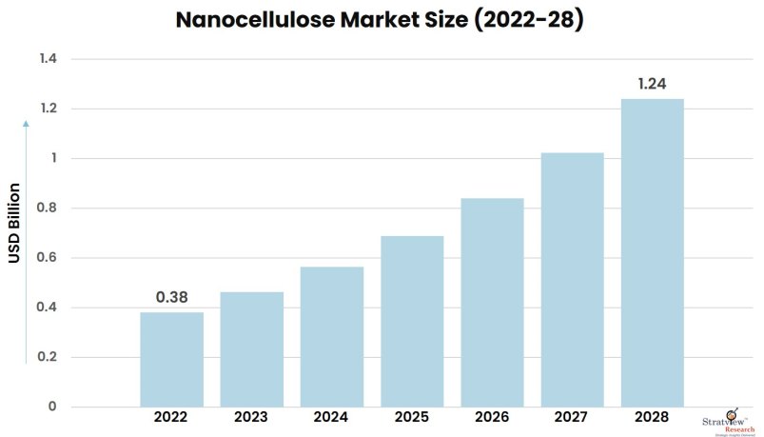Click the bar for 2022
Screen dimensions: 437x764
(x=171, y=360)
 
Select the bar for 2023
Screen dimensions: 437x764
(x=251, y=349)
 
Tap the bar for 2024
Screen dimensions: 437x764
(x=332, y=337)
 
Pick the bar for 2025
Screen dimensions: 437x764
(x=412, y=322)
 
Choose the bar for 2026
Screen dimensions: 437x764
(x=492, y=303)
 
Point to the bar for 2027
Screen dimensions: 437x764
(x=572, y=280)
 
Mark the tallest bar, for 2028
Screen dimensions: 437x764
(x=652, y=253)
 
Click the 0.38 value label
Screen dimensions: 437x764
(x=171, y=297)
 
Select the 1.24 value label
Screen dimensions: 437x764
(x=652, y=84)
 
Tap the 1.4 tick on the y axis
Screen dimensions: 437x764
(x=48, y=59)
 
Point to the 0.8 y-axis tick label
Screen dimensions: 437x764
(x=48, y=209)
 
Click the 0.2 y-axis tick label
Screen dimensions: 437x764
(x=48, y=357)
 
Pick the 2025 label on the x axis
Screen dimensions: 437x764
(x=412, y=417)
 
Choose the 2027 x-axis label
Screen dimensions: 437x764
(x=572, y=417)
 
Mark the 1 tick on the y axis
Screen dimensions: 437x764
(x=53, y=159)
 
